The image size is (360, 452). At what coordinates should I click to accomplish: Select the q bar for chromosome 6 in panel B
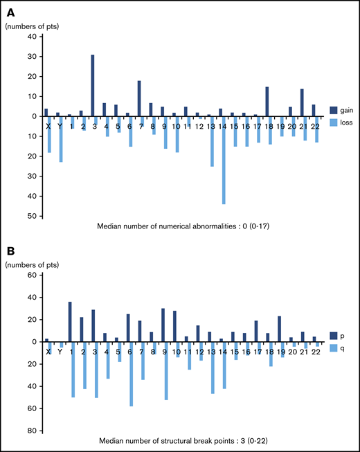(131, 373)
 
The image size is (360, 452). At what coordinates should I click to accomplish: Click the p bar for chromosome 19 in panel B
(278, 326)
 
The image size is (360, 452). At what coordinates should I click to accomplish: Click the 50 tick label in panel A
(31, 216)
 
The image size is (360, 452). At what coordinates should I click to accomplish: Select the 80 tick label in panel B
(31, 430)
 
